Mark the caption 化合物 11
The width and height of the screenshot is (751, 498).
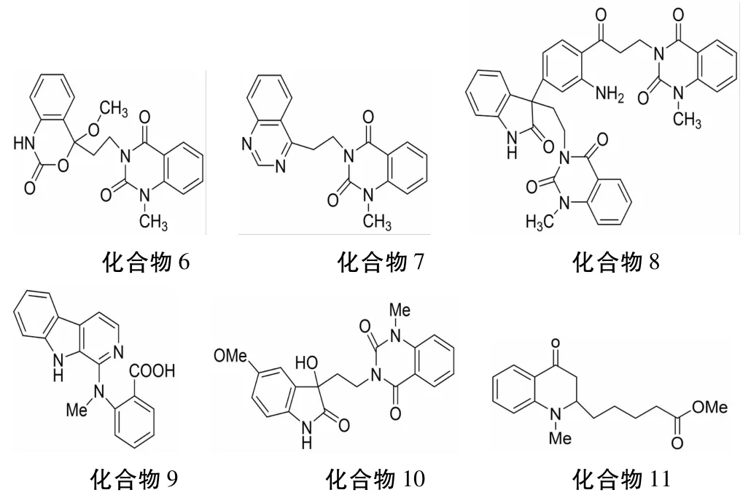point(620,479)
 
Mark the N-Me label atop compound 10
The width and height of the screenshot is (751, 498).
point(400,309)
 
